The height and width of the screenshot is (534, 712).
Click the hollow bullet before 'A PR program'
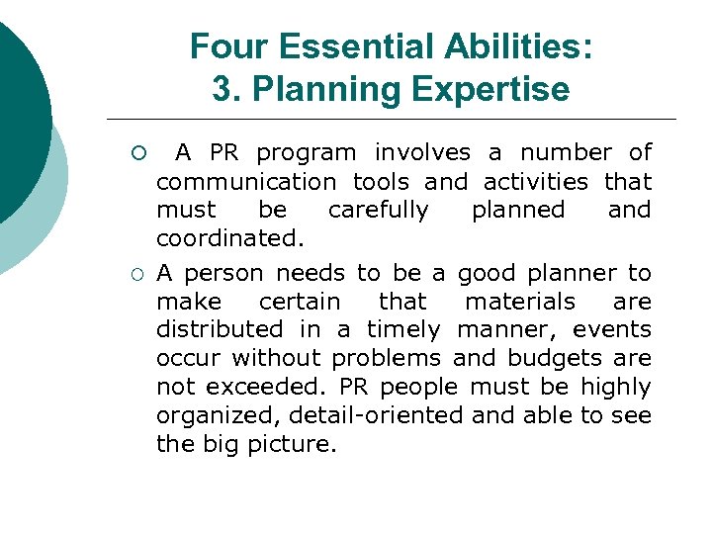[x=139, y=153]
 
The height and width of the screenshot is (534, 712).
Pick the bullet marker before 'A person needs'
[x=139, y=273]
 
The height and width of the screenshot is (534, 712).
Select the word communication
[x=246, y=182]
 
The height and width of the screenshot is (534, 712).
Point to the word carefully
[x=378, y=211]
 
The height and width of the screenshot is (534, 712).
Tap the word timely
[x=402, y=329]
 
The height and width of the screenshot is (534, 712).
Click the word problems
[x=388, y=358]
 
